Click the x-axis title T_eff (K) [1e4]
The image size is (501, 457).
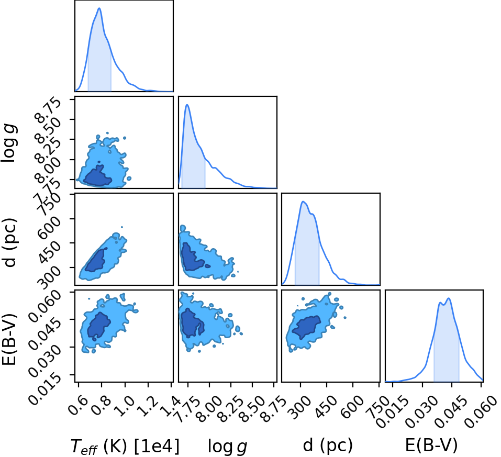click(125, 446)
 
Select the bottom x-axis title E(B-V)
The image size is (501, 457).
click(431, 445)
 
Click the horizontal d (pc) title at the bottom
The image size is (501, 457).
click(328, 445)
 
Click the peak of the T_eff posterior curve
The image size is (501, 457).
click(99, 8)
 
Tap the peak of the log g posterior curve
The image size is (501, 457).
click(187, 105)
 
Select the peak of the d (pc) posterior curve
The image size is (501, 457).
click(303, 202)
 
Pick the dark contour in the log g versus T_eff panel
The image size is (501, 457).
click(97, 177)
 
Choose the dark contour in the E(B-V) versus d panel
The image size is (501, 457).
click(307, 327)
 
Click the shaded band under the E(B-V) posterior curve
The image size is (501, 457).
click(447, 352)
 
